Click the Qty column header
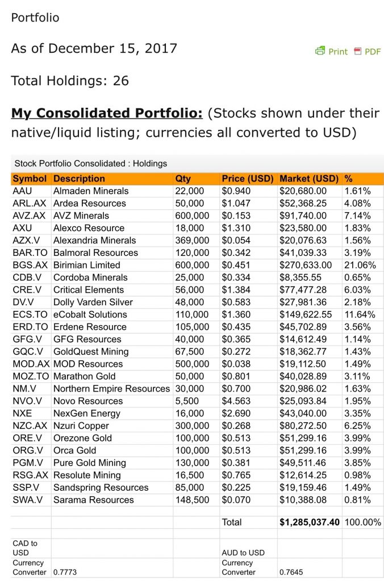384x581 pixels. click(183, 179)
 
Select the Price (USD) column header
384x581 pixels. click(248, 179)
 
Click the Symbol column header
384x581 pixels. click(30, 179)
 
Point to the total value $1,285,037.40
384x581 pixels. click(310, 522)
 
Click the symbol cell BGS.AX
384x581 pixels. click(30, 265)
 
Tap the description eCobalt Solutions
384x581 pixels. click(90, 314)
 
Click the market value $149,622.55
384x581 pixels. click(308, 314)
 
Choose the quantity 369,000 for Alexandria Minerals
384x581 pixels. click(192, 241)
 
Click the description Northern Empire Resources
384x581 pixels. click(111, 389)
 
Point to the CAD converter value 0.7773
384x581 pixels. click(65, 572)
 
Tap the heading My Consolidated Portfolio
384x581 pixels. click(107, 113)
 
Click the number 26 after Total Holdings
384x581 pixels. click(121, 81)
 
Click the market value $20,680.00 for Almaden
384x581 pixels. click(303, 191)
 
